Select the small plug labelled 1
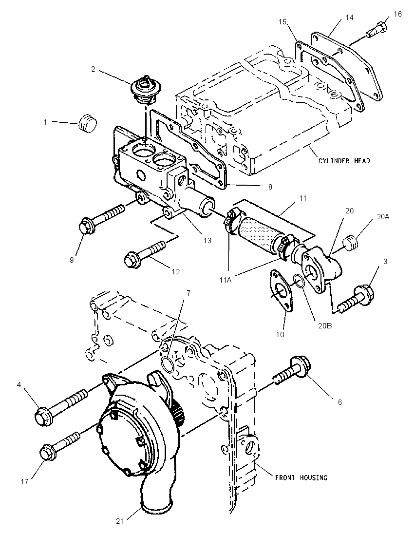coord(88,123)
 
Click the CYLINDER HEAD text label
coord(344,161)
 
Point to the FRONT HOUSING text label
coord(301,477)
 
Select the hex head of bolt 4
coord(44,416)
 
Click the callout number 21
coord(120,521)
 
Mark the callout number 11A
coord(225,280)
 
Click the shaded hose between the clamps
coord(260,231)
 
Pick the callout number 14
coord(350,18)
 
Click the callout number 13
coord(207,240)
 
